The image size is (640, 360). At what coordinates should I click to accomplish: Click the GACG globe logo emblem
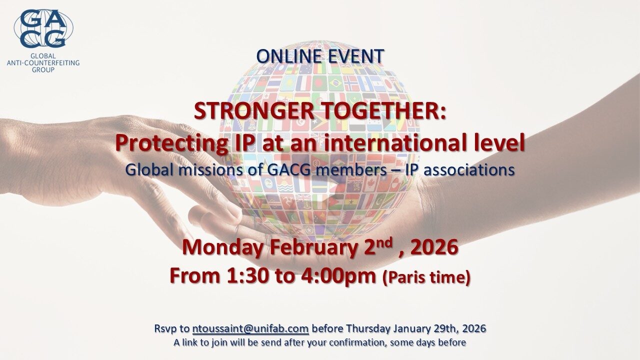43,28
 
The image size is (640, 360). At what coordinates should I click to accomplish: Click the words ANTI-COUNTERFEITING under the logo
43,63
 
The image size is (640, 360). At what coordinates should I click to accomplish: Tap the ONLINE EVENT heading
320,56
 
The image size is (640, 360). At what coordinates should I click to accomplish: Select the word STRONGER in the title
254,111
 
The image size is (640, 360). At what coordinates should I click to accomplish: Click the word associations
469,170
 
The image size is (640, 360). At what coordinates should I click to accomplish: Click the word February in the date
312,247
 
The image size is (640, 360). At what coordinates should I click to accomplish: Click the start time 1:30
247,276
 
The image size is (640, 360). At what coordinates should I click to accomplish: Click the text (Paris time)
426,277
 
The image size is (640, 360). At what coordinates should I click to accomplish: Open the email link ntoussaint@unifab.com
250,329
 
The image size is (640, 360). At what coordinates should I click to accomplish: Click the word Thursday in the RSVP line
368,329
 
